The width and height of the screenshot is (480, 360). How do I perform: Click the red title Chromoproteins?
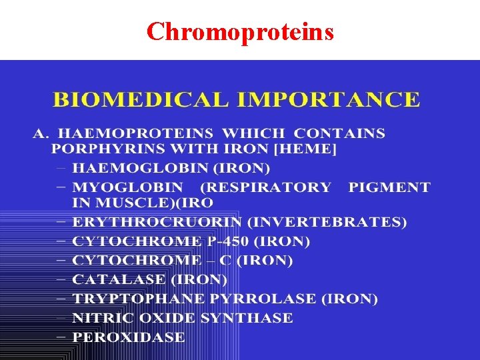click(240, 31)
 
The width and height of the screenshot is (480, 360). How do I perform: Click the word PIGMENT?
click(389, 187)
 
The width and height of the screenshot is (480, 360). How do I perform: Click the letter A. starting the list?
click(41, 133)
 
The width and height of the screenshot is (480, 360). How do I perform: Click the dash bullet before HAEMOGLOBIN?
click(61, 168)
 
